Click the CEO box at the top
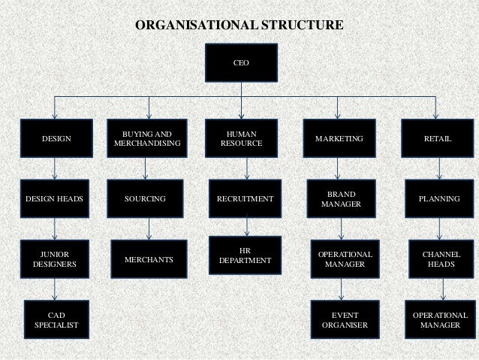(242, 62)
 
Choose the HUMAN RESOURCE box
(242, 138)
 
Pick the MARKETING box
(339, 139)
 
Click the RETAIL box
(438, 139)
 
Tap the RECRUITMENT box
(245, 199)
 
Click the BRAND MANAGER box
(340, 199)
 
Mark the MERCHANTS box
(148, 259)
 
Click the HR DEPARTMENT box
(245, 255)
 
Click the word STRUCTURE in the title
(300, 25)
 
